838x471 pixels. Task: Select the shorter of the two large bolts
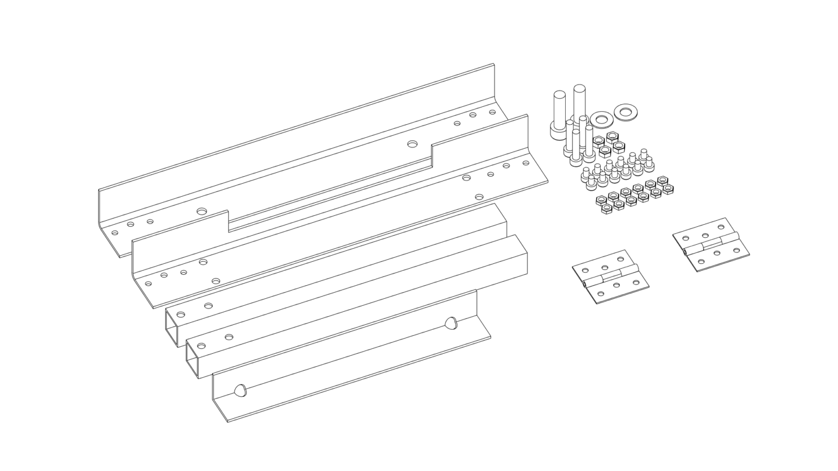coord(559,114)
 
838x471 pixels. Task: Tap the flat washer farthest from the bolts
coord(625,112)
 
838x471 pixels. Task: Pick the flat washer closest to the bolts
coord(601,118)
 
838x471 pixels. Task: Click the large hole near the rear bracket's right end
coord(412,143)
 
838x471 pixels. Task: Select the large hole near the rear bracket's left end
coord(202,210)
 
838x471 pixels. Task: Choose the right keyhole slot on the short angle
coord(450,323)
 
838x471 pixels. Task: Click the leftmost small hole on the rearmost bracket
coord(115,233)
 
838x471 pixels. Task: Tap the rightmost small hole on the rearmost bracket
coord(492,112)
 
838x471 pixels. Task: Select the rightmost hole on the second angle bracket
coord(526,162)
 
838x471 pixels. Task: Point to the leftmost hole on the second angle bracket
coord(147,283)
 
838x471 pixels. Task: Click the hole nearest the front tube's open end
coord(201,346)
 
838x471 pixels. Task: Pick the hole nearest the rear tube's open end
coord(181,315)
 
